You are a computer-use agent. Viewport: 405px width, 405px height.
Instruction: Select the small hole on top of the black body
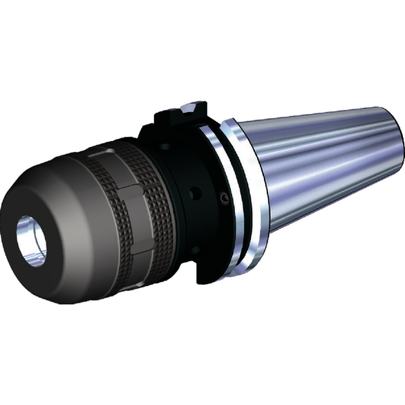[x=166, y=146]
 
